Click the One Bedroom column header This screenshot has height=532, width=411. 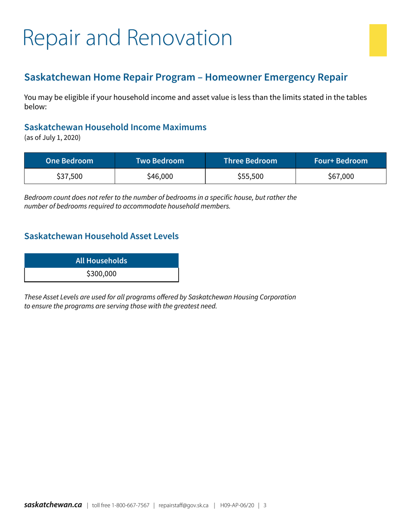tap(70, 160)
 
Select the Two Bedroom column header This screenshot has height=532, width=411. tap(160, 160)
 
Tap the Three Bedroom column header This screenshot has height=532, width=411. tap(250, 160)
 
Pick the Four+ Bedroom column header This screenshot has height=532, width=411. tap(341, 160)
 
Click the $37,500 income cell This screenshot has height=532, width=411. tap(70, 176)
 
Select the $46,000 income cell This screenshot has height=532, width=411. tap(160, 176)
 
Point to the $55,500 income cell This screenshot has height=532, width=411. tap(250, 176)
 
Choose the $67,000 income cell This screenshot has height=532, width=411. tap(341, 176)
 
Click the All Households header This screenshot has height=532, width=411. tap(101, 261)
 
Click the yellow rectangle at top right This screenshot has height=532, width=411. tap(378, 40)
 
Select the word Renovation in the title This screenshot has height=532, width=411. tap(181, 38)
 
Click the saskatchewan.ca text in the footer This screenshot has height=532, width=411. tap(53, 505)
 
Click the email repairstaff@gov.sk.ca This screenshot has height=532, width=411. tap(184, 505)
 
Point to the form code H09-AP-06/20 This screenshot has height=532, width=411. tap(237, 505)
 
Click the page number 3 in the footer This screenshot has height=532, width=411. tap(265, 505)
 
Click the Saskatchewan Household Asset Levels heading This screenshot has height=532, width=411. tap(101, 236)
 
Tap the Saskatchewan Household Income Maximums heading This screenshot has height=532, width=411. tap(115, 128)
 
